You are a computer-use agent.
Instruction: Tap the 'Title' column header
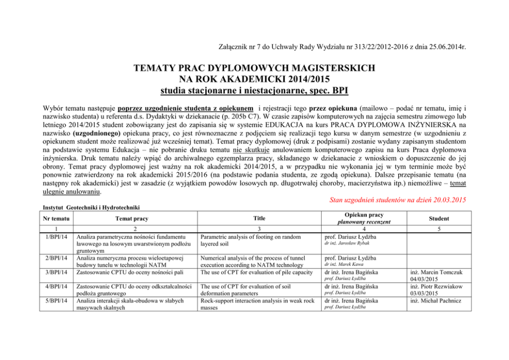click(259, 218)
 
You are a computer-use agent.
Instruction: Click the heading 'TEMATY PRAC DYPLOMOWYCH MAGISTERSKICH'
click(254, 68)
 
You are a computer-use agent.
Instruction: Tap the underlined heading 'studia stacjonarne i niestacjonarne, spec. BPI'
click(254, 91)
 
